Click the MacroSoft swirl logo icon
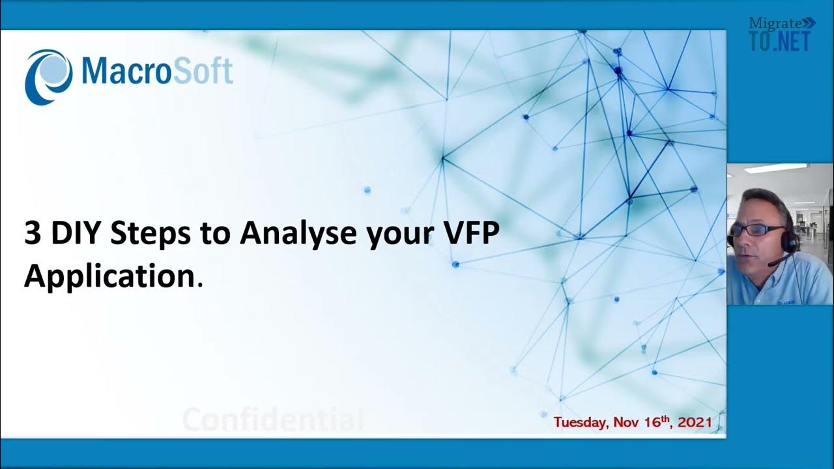(48, 76)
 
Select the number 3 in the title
(32, 233)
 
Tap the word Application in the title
(109, 277)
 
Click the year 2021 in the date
(695, 423)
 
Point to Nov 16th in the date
(644, 422)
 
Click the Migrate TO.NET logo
(781, 34)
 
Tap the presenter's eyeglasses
(757, 230)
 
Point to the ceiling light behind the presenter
(775, 169)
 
